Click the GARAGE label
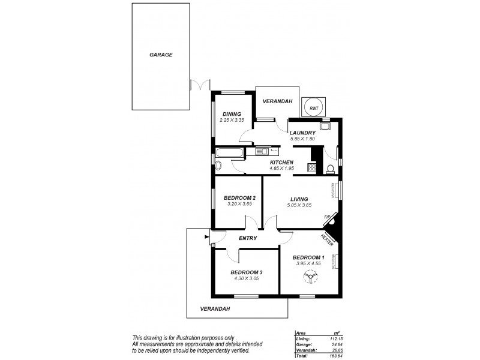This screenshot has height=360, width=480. (161, 55)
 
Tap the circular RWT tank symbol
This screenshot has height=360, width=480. (313, 107)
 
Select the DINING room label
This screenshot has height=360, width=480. (232, 113)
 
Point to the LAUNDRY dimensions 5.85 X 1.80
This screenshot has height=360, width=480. (302, 139)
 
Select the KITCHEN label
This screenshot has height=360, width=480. (281, 162)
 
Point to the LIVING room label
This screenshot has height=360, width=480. (299, 199)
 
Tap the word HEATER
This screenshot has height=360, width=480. (327, 239)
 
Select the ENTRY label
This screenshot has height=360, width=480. (248, 238)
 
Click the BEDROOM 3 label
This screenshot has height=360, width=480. (247, 272)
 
